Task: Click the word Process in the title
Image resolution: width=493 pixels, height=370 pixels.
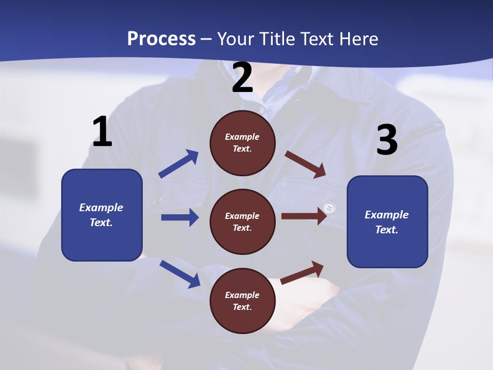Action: pos(161,39)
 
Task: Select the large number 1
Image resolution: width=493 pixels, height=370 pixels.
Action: pos(102,132)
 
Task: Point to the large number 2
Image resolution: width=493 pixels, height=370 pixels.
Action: pos(242,78)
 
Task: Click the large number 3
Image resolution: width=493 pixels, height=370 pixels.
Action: pos(387,140)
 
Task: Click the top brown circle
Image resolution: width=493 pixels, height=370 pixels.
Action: pos(242,143)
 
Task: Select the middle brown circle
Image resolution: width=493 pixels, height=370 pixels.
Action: pos(242,222)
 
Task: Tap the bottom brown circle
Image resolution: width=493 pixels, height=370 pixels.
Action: pos(242,301)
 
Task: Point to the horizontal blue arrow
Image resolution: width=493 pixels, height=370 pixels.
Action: pos(180,217)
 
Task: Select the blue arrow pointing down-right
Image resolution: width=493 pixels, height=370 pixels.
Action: pos(180,273)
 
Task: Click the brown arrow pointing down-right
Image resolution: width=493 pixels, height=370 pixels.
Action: pos(306,164)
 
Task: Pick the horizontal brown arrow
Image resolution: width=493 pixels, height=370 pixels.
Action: pos(303,216)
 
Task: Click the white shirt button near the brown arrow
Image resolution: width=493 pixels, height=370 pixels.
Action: pos(330,208)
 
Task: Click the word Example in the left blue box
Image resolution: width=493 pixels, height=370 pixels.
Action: pos(101,208)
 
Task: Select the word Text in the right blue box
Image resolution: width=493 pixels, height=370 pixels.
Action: pos(386,230)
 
